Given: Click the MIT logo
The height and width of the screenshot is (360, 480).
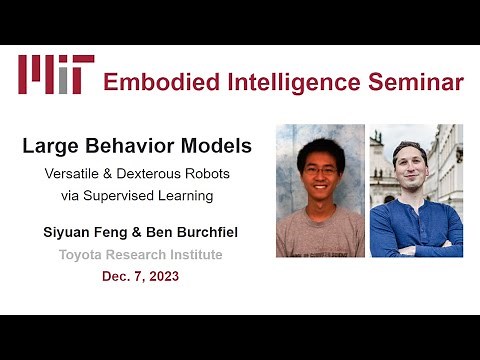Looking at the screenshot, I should click(x=56, y=74).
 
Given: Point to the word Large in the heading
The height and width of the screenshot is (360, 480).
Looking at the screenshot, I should click(x=50, y=147).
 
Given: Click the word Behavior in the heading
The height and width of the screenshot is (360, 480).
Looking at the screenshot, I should click(x=132, y=147).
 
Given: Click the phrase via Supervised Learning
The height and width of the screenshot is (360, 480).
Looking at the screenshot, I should click(x=136, y=195).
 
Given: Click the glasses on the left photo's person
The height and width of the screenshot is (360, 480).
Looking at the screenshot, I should click(x=321, y=172).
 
